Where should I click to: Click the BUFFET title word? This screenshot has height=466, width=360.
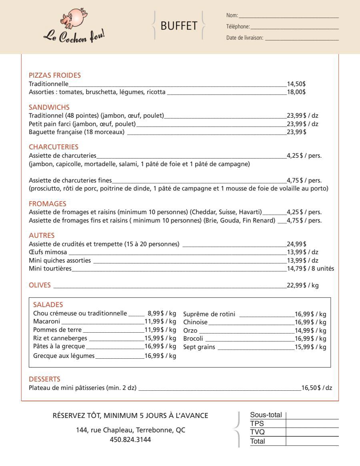[x=178, y=26]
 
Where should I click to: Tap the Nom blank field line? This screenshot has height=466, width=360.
[x=288, y=16]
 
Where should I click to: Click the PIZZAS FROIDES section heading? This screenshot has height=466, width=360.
[x=55, y=75]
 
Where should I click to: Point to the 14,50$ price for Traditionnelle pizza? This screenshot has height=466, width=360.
[x=296, y=84]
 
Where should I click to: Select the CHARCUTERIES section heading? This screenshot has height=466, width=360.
[x=54, y=147]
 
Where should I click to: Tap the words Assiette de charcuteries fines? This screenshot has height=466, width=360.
[x=70, y=180]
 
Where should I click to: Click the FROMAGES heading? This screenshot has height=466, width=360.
[x=48, y=204]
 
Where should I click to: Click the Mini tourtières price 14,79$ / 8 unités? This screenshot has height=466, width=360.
[x=310, y=268]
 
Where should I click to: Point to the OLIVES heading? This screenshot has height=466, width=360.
[x=40, y=285]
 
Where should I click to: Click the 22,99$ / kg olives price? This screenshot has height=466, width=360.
[x=303, y=285]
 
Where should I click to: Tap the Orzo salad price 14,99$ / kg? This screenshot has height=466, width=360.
[x=310, y=330]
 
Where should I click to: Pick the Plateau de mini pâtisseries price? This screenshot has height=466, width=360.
[x=316, y=388]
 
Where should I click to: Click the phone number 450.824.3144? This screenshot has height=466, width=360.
[x=130, y=439]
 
